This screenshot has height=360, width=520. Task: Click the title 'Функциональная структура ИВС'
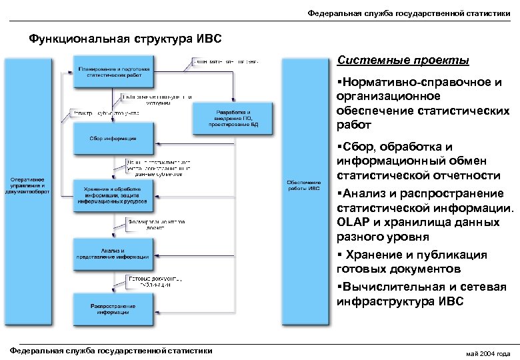click(125, 38)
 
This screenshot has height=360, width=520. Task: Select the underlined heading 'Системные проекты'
click(403, 61)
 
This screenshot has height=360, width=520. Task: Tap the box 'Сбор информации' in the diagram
click(113, 139)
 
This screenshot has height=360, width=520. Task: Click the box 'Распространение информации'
click(113, 308)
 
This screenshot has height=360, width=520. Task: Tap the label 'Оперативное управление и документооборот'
click(27, 185)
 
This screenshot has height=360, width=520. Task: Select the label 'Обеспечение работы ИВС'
click(304, 184)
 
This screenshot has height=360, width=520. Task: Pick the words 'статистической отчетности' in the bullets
click(419, 176)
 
